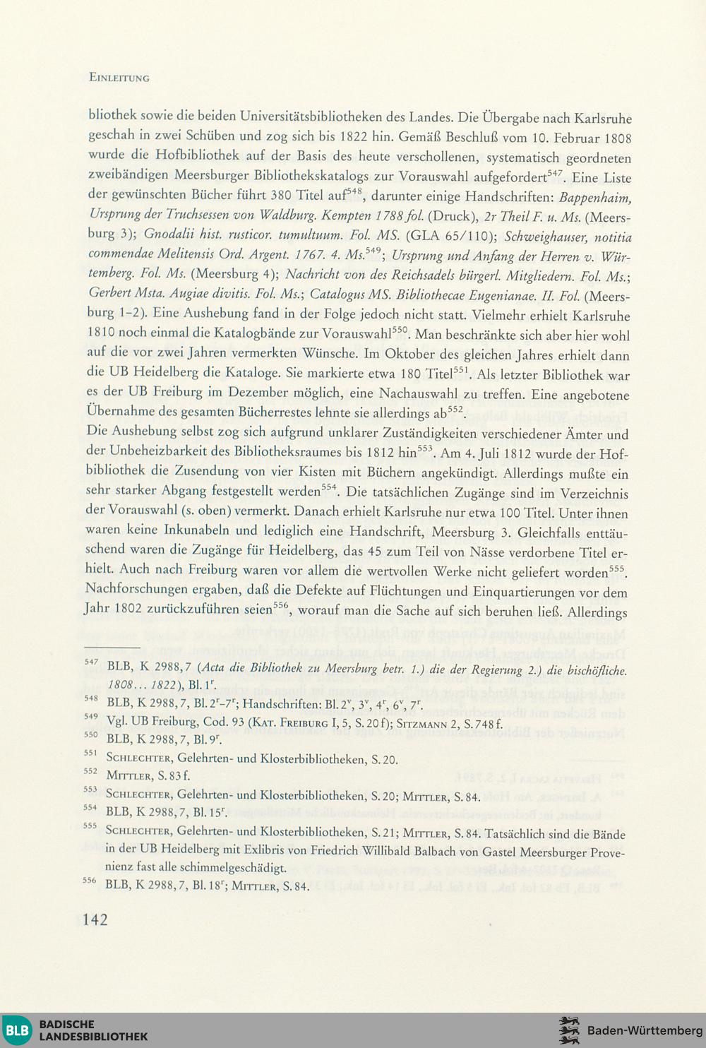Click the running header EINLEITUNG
click(119, 78)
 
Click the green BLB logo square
click(16, 1030)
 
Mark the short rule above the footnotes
click(113, 646)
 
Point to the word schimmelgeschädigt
click(225, 867)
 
